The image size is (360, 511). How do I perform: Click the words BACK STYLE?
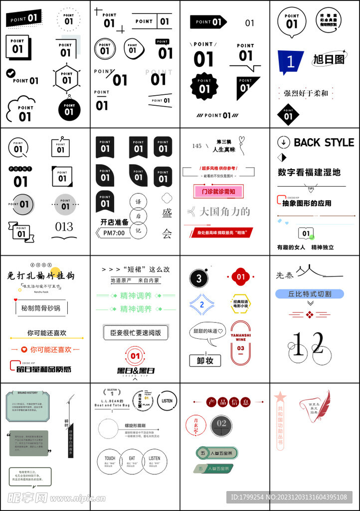[x=324, y=143]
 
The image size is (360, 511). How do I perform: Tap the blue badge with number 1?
[x=290, y=62]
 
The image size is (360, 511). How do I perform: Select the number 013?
[x=64, y=227]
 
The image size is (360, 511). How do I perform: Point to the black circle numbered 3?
[x=199, y=278]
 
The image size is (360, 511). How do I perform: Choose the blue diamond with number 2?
[x=202, y=304]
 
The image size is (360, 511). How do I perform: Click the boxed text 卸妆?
[x=205, y=360]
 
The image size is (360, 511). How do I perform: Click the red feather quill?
[x=325, y=404]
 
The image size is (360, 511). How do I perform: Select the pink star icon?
[x=280, y=397]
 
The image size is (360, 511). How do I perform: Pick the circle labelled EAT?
[x=132, y=461]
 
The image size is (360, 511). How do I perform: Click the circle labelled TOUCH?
[x=110, y=461]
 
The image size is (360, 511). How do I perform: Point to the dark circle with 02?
[x=221, y=424]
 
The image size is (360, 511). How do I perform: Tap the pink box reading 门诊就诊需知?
[x=215, y=192]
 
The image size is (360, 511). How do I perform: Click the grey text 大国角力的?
[x=224, y=212]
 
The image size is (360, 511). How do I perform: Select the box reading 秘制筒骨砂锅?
[x=40, y=308]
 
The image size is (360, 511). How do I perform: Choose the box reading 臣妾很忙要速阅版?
[x=135, y=332]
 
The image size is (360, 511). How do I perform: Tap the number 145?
[x=197, y=146]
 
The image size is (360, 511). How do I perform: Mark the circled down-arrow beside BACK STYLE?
[x=283, y=142]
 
